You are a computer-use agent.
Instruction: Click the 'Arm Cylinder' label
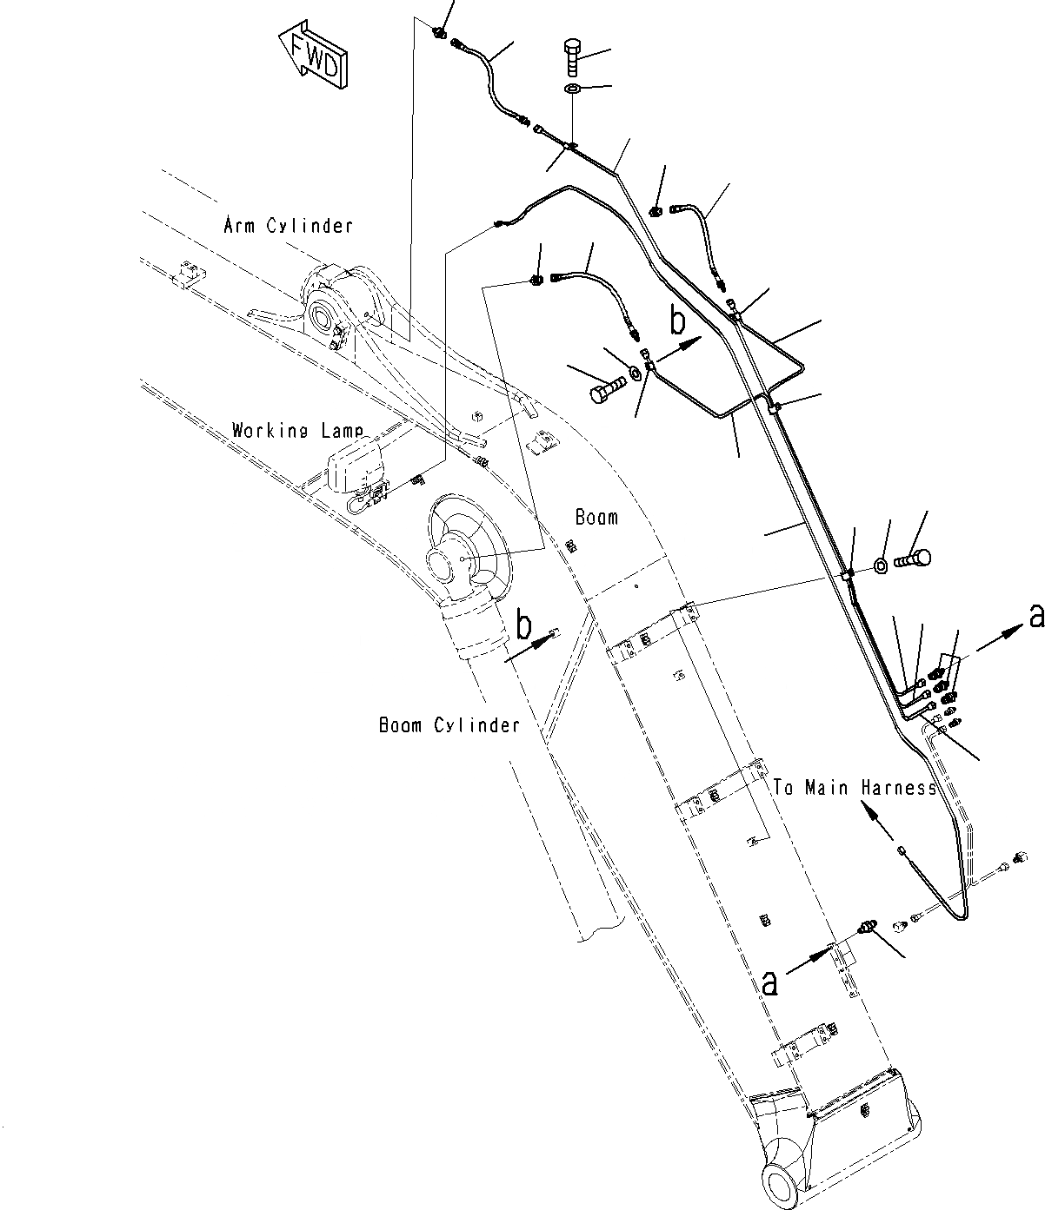pos(289,226)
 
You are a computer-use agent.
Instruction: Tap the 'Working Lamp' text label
pos(297,430)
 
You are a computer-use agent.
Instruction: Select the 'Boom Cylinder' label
pos(449,724)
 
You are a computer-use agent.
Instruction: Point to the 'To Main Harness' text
pos(855,788)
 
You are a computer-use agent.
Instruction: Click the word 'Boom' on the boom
pos(597,517)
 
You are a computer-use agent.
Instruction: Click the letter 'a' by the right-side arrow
pos(1035,616)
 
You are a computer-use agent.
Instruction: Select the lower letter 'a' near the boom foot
pos(769,982)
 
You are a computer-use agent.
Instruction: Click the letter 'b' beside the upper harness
pos(677,321)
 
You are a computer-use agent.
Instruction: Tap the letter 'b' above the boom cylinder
pos(523,625)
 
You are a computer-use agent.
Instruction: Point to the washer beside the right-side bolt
pos(880,566)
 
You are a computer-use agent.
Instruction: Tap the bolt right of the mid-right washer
pos(913,558)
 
